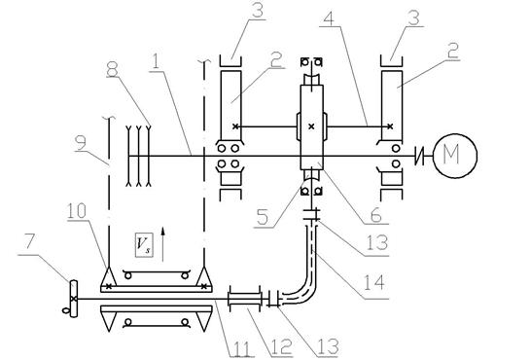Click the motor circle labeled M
click(455, 156)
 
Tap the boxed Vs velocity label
click(144, 245)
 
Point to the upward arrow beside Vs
click(163, 244)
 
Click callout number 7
click(29, 241)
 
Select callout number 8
click(112, 69)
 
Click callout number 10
click(77, 210)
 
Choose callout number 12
click(280, 347)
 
